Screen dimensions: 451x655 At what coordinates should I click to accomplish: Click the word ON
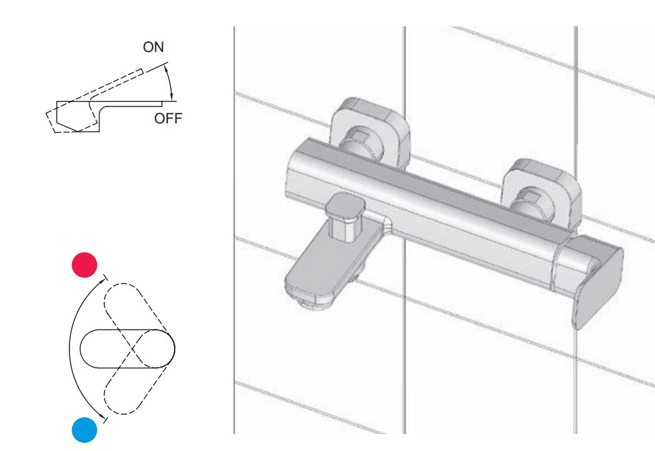tap(154, 48)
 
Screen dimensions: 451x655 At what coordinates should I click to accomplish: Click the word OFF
tap(168, 118)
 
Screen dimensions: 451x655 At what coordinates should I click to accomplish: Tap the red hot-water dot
tap(85, 264)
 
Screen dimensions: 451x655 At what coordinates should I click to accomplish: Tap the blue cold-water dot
tap(85, 430)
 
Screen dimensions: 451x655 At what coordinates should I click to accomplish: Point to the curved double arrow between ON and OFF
tap(170, 81)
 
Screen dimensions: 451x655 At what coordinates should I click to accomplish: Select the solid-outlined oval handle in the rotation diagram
tap(128, 347)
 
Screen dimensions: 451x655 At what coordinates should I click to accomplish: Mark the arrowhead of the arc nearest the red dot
tap(103, 279)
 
